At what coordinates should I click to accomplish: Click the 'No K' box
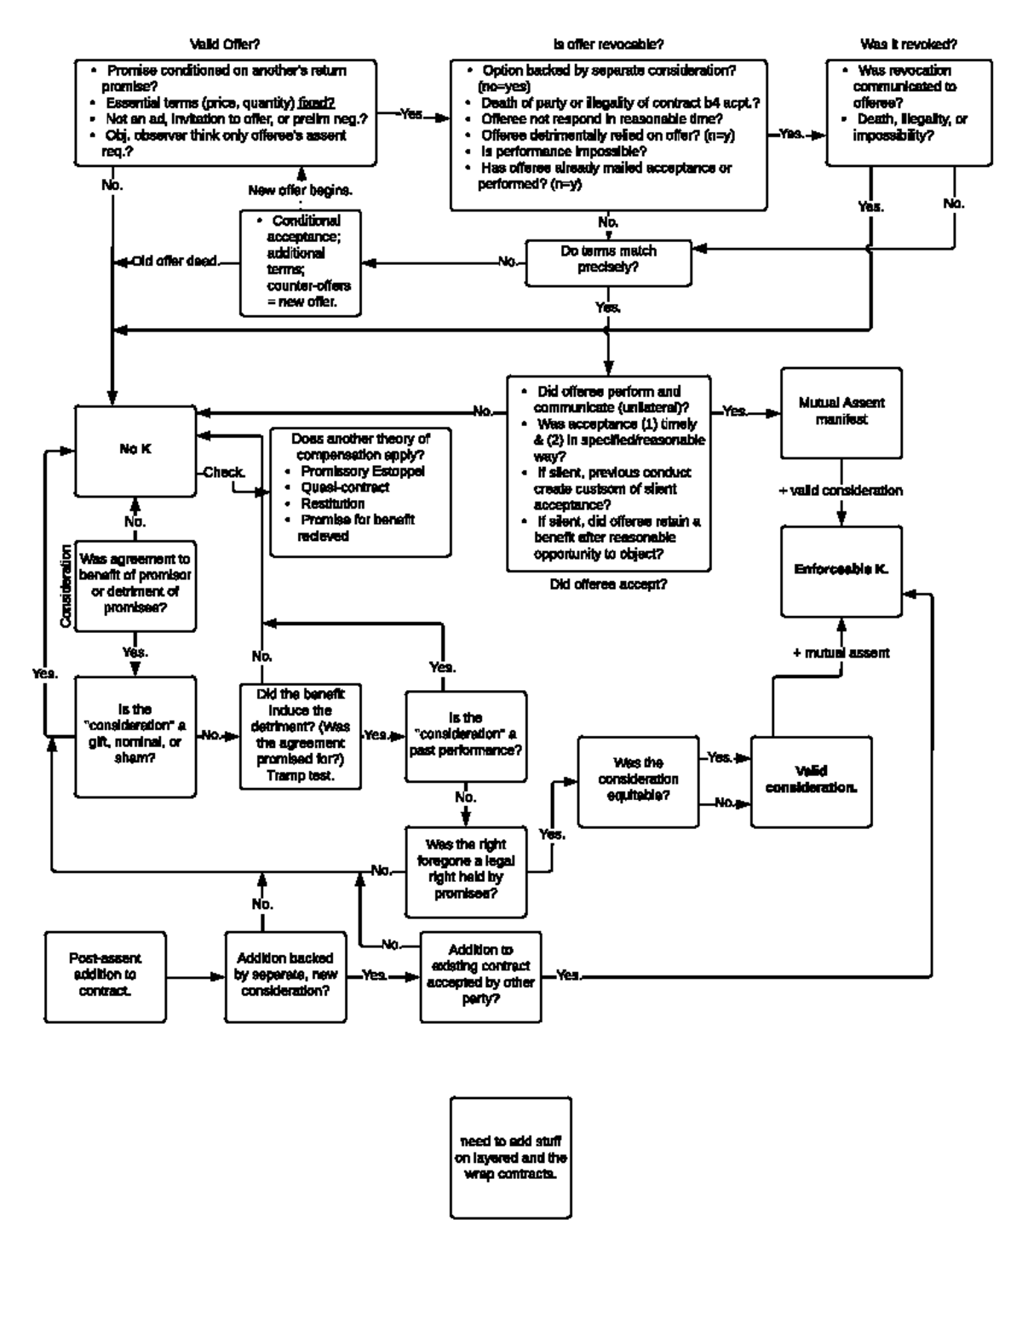tap(135, 450)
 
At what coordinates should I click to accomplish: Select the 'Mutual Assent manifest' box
tap(841, 411)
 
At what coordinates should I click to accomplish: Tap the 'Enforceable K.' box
tap(841, 570)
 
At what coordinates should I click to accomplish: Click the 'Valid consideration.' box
tap(811, 780)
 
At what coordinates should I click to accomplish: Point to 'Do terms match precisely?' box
tap(608, 259)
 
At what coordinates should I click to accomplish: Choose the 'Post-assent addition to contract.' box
tap(105, 975)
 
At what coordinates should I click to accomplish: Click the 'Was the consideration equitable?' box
tap(638, 779)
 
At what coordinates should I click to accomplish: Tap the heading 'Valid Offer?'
tap(225, 43)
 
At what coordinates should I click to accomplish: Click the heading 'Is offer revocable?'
tap(608, 43)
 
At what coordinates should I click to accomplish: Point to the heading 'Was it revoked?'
tap(909, 43)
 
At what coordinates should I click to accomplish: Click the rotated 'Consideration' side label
tap(66, 586)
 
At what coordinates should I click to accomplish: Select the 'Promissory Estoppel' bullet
tap(363, 471)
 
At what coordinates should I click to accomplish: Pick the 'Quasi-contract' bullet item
tap(345, 487)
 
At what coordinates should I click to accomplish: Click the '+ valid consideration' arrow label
tap(841, 491)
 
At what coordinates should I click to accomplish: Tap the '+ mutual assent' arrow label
tap(841, 653)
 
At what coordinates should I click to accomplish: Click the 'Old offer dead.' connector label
tap(174, 262)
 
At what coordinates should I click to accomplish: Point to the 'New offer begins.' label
tap(301, 190)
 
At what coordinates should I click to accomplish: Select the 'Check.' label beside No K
tap(224, 472)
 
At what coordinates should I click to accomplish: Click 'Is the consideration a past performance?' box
tap(465, 735)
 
